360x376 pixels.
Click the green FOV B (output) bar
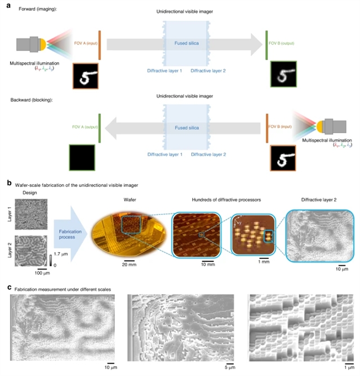(266, 44)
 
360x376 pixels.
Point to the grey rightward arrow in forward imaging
(180, 45)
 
